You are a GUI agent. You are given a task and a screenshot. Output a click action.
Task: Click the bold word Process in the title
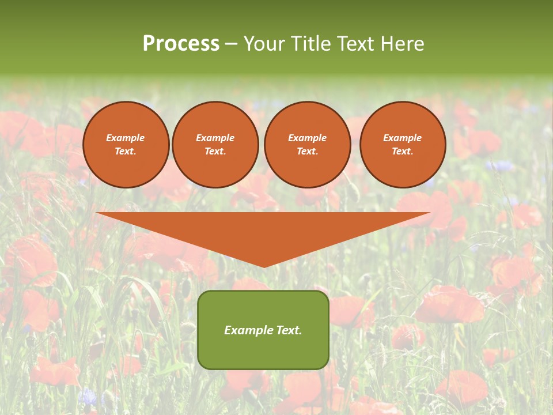(x=181, y=44)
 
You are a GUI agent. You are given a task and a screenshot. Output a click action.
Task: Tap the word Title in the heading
(x=309, y=44)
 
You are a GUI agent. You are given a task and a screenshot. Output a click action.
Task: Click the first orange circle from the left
(x=126, y=145)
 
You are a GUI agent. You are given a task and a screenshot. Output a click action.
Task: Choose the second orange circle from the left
(x=215, y=145)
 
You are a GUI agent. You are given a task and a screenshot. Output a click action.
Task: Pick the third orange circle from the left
(x=308, y=145)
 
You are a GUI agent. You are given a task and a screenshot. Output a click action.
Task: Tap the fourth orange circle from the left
(x=403, y=145)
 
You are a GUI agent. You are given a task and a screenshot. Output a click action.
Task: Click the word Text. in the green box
(x=289, y=330)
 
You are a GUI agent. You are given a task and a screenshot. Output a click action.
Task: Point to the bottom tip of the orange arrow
(x=264, y=267)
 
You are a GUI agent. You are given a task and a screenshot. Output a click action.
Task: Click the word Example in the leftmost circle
(x=126, y=138)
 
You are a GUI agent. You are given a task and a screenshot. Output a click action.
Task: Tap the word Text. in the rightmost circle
(x=403, y=152)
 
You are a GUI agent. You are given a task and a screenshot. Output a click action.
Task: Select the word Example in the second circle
(x=215, y=138)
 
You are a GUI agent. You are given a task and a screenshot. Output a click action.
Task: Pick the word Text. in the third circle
(x=308, y=152)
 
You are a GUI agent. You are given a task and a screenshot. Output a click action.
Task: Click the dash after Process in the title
(x=232, y=44)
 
